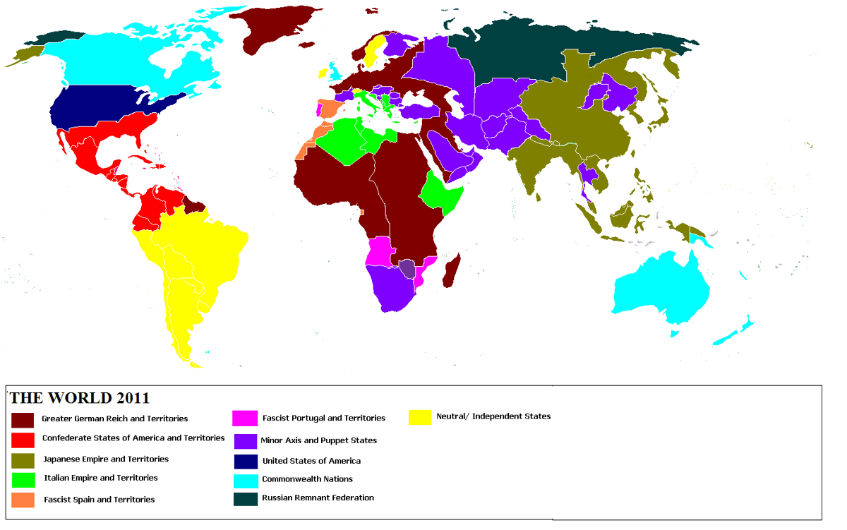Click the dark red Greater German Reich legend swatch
point(23,419)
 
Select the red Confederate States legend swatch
point(23,439)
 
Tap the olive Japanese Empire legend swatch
point(23,459)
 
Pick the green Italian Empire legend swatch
point(23,479)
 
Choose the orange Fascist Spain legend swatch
point(23,500)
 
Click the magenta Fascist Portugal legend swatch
point(244,418)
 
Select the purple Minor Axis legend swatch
point(244,440)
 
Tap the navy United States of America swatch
point(244,462)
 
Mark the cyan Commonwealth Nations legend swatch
point(244,480)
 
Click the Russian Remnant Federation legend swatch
point(244,499)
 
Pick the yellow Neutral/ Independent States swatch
point(420,416)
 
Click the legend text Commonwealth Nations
point(306,479)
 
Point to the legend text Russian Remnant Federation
point(318,498)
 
